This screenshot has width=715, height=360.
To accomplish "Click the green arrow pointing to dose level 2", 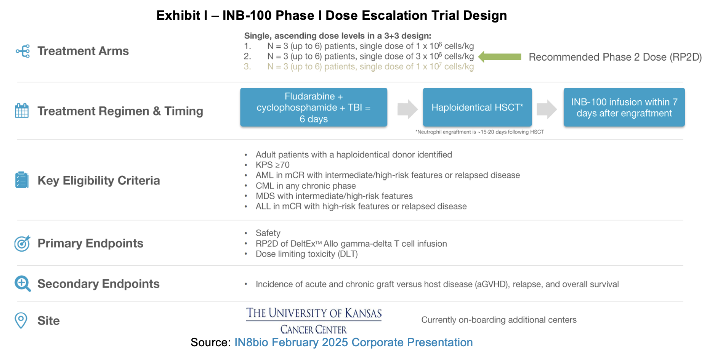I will (x=499, y=57).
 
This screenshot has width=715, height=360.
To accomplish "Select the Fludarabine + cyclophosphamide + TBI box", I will (x=313, y=107).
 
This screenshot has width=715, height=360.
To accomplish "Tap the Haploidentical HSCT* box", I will (x=477, y=107).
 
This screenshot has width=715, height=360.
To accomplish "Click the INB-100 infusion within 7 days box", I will (x=624, y=107).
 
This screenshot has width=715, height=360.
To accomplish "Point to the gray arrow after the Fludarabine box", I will (x=407, y=109).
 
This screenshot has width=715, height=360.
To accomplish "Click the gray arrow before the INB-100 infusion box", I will (x=546, y=109).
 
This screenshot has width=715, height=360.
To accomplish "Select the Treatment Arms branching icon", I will (x=23, y=51).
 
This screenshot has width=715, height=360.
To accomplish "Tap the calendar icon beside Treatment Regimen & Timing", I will (x=22, y=111).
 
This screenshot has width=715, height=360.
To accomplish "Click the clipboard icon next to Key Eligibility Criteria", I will (x=22, y=180).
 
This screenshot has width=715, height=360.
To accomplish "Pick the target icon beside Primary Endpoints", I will (x=22, y=243).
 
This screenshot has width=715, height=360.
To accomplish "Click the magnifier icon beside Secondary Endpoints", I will (x=22, y=284).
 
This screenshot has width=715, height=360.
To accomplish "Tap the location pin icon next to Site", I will (x=21, y=320).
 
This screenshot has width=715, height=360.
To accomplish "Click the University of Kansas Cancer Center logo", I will (x=313, y=321).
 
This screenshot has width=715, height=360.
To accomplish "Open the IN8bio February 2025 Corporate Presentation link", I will (x=353, y=342).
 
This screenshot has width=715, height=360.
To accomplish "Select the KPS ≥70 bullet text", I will (x=273, y=165).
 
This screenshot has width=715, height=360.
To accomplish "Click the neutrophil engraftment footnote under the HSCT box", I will (x=479, y=132).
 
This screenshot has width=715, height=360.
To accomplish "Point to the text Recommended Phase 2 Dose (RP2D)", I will (x=615, y=57).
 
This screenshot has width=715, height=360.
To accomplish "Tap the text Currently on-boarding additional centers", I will (x=499, y=320).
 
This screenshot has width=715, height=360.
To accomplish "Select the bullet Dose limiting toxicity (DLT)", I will (x=306, y=254).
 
